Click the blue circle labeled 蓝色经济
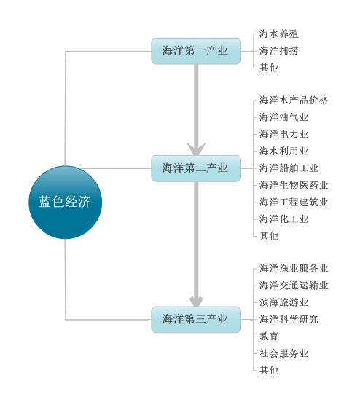65,202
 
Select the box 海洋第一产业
196,51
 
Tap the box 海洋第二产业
196,168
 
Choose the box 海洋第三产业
196,320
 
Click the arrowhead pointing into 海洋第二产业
196,149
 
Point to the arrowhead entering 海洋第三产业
196,302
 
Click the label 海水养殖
279,34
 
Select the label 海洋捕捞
279,51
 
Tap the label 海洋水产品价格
294,101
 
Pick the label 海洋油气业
283,117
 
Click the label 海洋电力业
283,134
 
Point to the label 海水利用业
283,151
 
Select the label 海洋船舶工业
289,168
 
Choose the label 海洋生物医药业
294,185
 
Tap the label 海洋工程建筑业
294,202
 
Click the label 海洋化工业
283,219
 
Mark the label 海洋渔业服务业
294,269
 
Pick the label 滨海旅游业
283,302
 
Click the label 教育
269,337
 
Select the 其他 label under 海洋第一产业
269,68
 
